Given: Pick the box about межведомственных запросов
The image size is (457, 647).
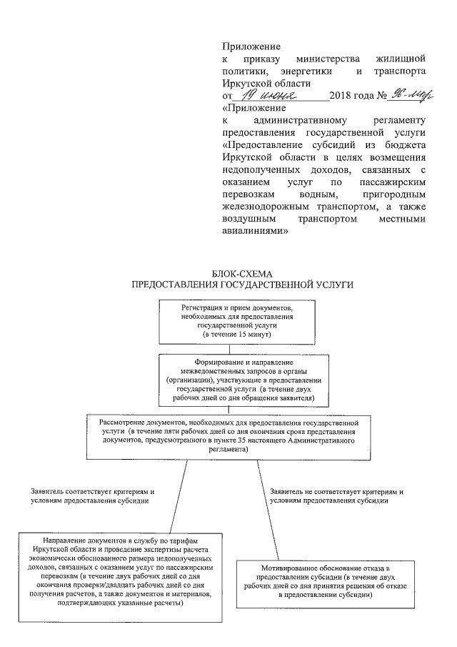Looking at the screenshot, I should point(243,380).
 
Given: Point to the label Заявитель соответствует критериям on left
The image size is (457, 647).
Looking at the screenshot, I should point(93,497).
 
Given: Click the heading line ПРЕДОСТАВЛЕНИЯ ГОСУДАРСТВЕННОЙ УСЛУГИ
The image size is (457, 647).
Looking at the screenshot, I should point(243,285).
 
